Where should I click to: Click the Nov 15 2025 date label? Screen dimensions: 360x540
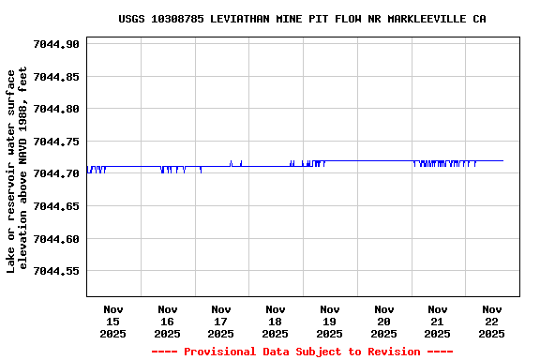coord(113,321)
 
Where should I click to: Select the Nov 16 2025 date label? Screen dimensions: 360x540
coord(167,321)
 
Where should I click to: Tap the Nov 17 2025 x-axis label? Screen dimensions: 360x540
coord(221,321)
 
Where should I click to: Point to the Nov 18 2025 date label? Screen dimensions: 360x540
coord(276,321)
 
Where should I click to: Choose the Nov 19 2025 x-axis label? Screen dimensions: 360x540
coord(329,321)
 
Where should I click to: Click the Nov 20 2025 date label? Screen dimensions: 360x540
coord(383,321)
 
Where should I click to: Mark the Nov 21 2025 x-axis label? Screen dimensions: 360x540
coord(438,321)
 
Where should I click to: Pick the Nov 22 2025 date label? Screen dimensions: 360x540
coord(491,321)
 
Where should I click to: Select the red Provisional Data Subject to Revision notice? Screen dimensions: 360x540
coord(302,352)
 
